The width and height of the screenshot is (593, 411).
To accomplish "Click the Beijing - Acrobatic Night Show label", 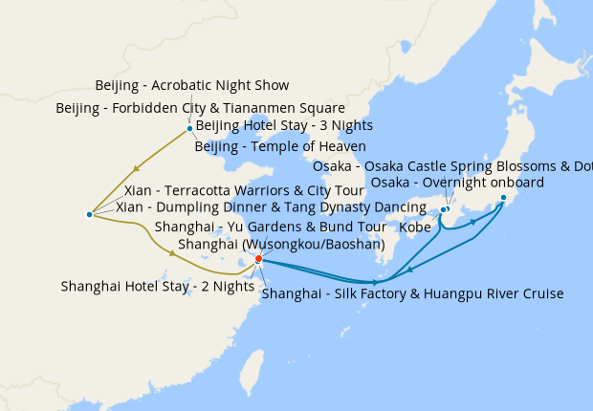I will pyautogui.click(x=192, y=86).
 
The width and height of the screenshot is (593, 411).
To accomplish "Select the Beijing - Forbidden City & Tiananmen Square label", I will pyautogui.click(x=187, y=107).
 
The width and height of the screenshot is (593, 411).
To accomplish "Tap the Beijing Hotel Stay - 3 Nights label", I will pyautogui.click(x=284, y=125).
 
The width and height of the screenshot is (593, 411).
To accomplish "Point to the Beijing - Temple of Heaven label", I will pyautogui.click(x=280, y=146).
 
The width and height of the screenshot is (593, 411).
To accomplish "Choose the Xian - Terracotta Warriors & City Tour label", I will pyautogui.click(x=244, y=191).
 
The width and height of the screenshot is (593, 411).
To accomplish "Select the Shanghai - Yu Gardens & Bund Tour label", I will pyautogui.click(x=270, y=227).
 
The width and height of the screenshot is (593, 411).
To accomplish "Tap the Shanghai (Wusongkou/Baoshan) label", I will pyautogui.click(x=281, y=244).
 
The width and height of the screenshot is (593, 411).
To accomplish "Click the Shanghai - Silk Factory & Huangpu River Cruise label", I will pyautogui.click(x=412, y=293).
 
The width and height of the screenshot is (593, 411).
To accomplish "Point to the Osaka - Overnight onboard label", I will pyautogui.click(x=457, y=183).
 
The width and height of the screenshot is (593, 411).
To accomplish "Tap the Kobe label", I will pyautogui.click(x=414, y=228).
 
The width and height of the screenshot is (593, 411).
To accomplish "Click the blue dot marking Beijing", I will pyautogui.click(x=189, y=128).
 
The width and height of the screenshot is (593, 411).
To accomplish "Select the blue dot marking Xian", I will pyautogui.click(x=89, y=214).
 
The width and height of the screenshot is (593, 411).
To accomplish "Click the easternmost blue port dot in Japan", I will pyautogui.click(x=503, y=198).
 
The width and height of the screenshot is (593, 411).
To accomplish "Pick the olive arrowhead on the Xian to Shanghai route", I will pyautogui.click(x=171, y=253).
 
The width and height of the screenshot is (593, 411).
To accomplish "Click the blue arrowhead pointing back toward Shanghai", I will pyautogui.click(x=410, y=270).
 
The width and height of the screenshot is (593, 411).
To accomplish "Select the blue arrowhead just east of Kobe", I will pyautogui.click(x=473, y=222).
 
